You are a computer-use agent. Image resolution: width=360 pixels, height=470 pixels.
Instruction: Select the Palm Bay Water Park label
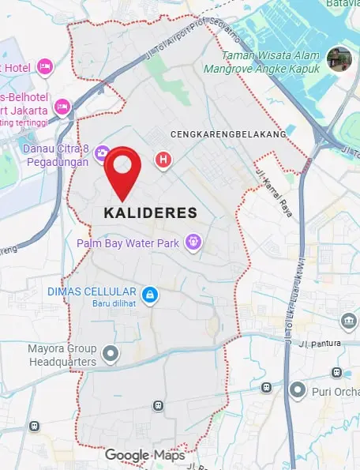(x=128, y=243)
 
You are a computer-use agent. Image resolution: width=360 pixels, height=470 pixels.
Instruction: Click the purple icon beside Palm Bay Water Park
(x=192, y=242)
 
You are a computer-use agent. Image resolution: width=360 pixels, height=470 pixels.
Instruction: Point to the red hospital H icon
(x=163, y=160)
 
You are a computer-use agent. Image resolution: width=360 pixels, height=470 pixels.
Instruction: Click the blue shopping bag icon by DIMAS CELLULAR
(x=150, y=295)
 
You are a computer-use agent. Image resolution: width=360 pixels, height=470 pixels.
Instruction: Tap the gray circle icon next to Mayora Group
(x=112, y=355)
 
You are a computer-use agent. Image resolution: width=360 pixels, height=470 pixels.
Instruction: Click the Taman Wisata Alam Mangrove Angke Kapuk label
(x=272, y=62)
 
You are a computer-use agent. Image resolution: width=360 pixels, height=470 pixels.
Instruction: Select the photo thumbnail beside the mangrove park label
(x=339, y=58)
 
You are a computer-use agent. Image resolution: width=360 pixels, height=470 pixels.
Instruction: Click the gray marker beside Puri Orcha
(x=297, y=389)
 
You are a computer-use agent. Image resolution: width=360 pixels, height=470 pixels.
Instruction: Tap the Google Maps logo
(x=145, y=455)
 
